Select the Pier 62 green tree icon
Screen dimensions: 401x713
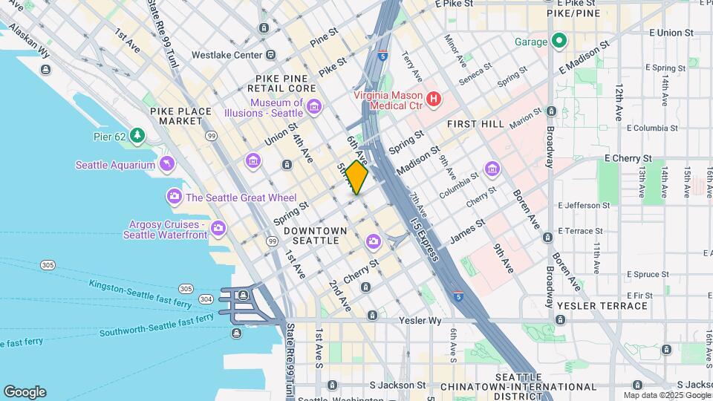click(x=137, y=135)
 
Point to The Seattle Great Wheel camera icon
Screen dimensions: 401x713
click(x=175, y=197)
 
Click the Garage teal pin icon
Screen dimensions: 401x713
click(x=559, y=42)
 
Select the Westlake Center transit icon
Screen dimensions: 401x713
click(x=270, y=55)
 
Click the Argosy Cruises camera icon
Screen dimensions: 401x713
click(x=218, y=229)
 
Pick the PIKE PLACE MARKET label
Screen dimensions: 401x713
click(x=180, y=116)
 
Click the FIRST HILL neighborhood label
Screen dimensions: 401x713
click(x=475, y=124)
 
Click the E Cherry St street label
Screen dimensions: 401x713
click(x=628, y=158)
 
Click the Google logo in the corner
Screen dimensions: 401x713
click(x=25, y=391)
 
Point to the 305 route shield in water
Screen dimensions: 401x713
click(x=48, y=265)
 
